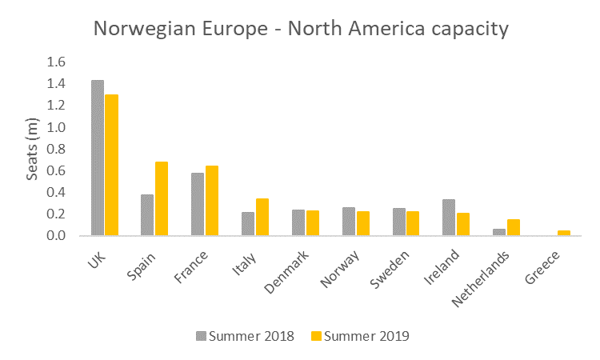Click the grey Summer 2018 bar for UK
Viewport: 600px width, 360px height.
point(98,158)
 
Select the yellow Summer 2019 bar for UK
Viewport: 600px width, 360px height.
point(111,165)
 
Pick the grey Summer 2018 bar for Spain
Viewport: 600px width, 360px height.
point(147,215)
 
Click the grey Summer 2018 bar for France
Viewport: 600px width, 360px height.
point(198,204)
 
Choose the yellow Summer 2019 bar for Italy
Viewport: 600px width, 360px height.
point(262,217)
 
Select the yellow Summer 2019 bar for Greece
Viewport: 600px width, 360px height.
point(564,233)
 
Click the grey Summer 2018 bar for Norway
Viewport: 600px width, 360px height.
point(349,222)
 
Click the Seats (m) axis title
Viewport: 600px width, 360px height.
point(33,150)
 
